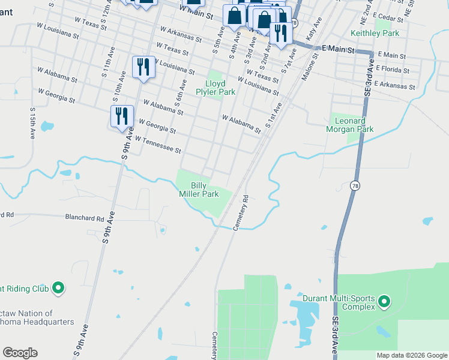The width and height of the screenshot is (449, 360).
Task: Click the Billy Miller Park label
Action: [204, 190]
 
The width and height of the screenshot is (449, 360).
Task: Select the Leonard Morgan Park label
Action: [350, 125]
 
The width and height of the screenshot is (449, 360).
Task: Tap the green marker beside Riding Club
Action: [58, 289]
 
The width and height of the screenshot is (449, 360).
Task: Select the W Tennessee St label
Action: [158, 145]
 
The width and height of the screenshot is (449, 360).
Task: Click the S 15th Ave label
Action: [32, 123]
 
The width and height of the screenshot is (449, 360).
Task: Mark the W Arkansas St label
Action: [181, 34]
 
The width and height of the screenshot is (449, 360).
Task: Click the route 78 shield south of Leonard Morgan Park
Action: [355, 186]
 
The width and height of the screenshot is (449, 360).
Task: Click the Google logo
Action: [20, 353]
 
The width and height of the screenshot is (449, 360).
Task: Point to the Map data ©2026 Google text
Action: [412, 355]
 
